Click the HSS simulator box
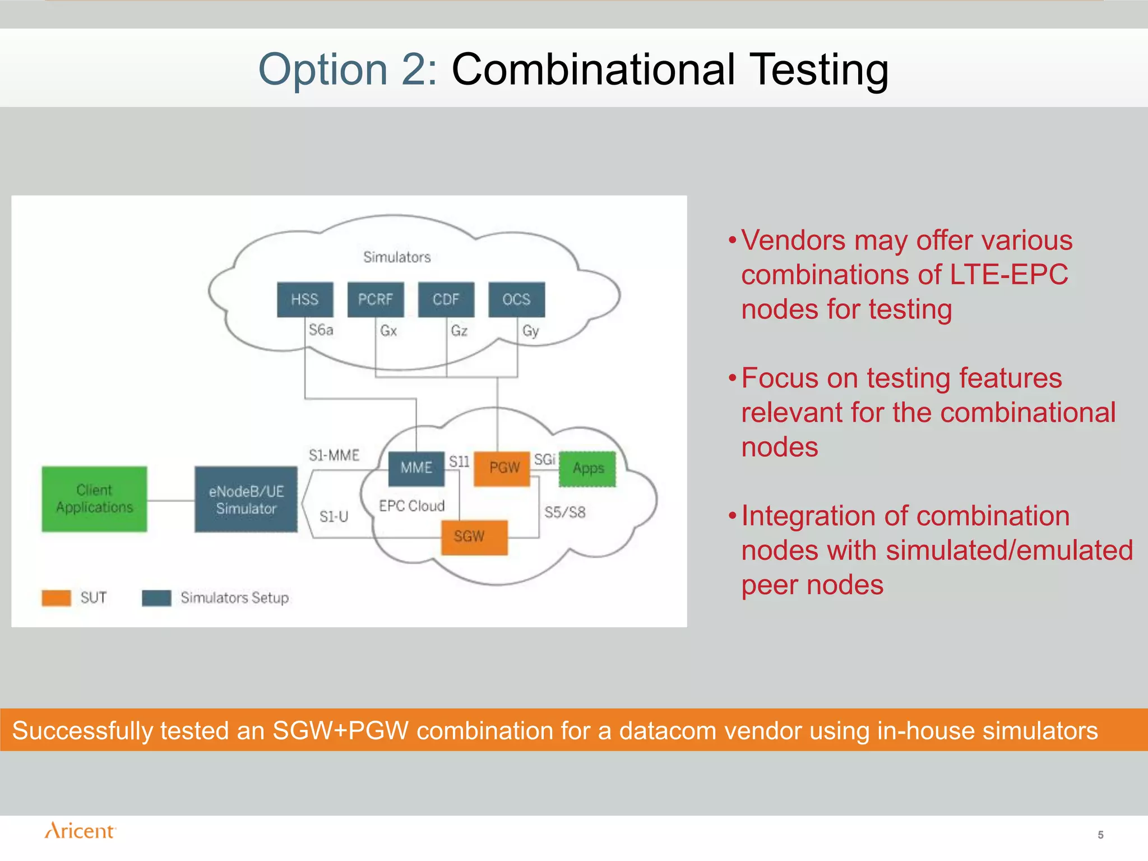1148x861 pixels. point(305,299)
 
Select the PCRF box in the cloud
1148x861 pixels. point(375,299)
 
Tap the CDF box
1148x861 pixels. point(446,299)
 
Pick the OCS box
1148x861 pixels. point(516,299)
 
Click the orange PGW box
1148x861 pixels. point(502,468)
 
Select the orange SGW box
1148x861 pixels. point(474,537)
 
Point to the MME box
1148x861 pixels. point(416,468)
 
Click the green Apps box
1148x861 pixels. point(587,469)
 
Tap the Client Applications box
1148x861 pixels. point(94,499)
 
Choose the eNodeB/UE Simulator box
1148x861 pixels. point(246,499)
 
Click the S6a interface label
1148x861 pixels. point(321,330)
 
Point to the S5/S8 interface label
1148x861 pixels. point(564,512)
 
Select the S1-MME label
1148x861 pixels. point(334,455)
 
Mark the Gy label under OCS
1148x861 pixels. point(530,331)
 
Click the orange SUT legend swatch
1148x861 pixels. point(56,598)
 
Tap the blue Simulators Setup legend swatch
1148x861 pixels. point(156,598)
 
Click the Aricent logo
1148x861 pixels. point(80,831)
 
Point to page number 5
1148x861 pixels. point(1100,835)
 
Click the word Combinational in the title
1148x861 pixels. point(593,70)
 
